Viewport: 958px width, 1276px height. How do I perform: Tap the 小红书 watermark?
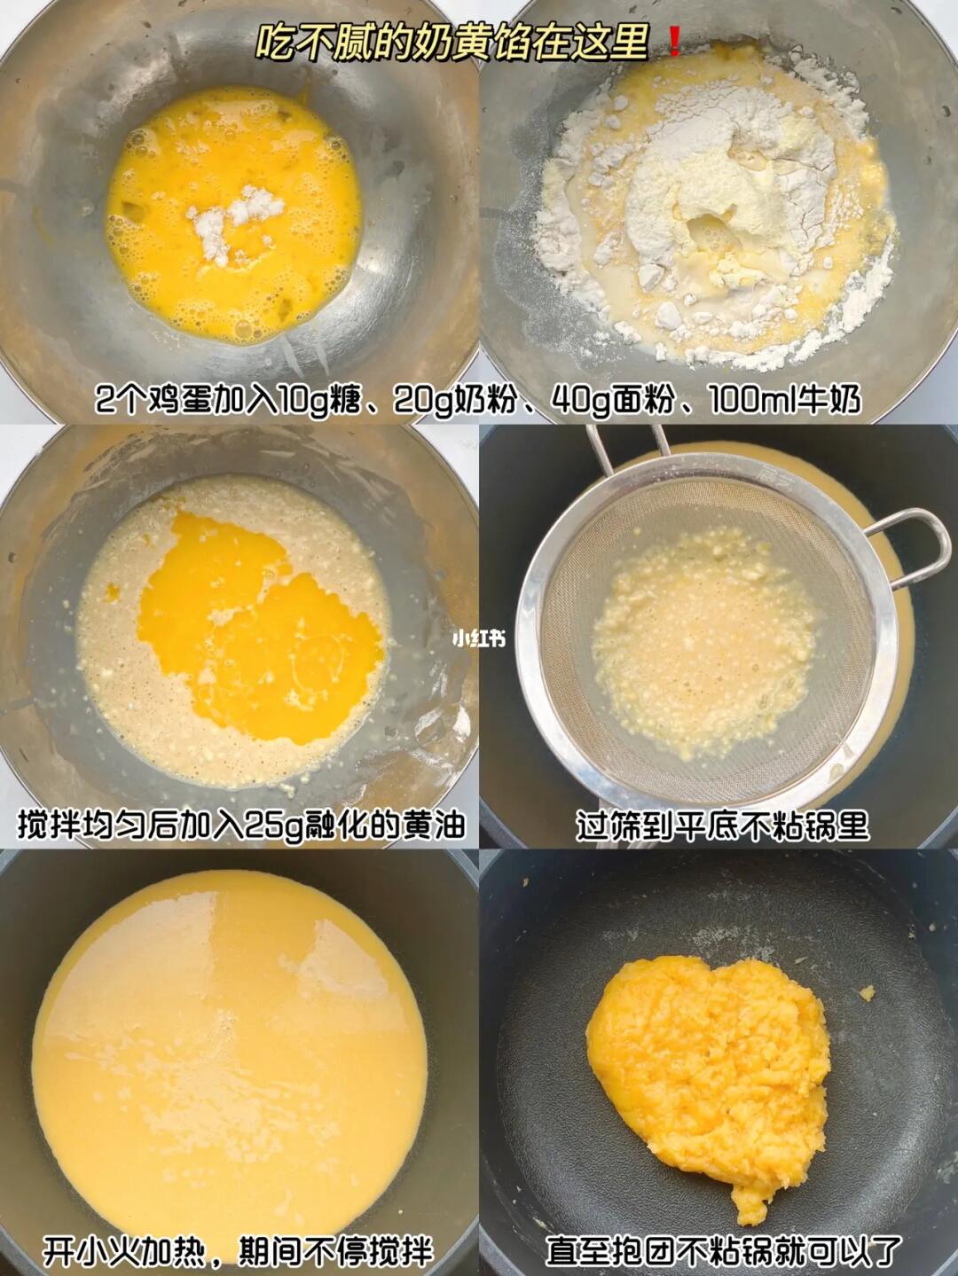(478, 639)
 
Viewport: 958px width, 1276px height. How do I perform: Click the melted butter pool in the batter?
(262, 625)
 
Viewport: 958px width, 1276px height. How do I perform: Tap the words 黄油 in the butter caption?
(435, 826)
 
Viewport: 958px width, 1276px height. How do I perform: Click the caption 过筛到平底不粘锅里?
(723, 826)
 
